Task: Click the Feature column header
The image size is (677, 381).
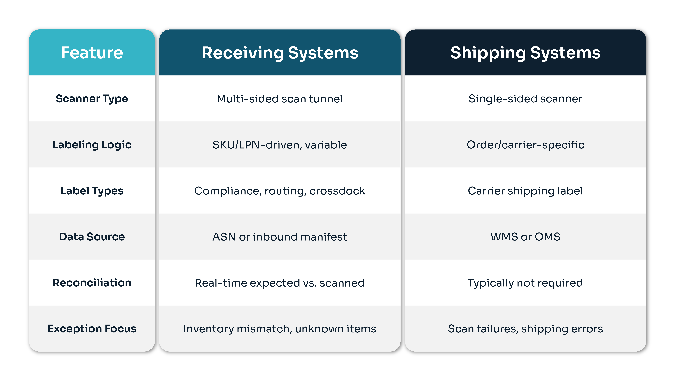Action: click(x=92, y=53)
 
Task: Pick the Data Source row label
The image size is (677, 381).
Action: click(x=92, y=237)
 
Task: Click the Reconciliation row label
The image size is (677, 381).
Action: click(x=92, y=283)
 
